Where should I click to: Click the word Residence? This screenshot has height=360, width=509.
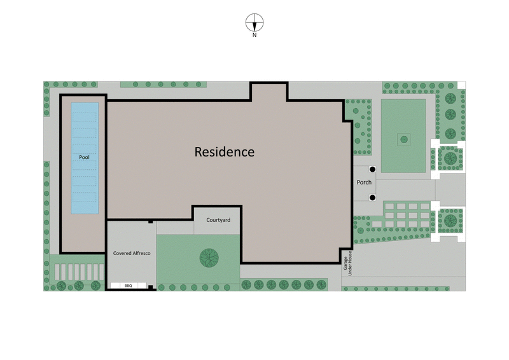224,153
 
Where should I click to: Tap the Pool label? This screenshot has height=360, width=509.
84,157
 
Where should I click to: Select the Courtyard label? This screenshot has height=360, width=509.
218,220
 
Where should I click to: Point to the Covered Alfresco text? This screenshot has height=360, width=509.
132,253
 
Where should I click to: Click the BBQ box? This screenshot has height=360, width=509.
128,286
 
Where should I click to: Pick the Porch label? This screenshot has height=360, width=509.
364,183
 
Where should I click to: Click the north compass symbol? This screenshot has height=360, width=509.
254,23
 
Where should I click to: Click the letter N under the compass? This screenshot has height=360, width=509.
254,36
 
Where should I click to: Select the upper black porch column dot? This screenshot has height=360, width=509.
372,169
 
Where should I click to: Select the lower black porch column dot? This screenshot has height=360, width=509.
372,197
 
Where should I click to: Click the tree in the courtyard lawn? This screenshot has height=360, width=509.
208,258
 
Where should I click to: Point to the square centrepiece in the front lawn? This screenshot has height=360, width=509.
403,138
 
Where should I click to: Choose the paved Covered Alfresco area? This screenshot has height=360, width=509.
130,267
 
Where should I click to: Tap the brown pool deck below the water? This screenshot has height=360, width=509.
83,232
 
